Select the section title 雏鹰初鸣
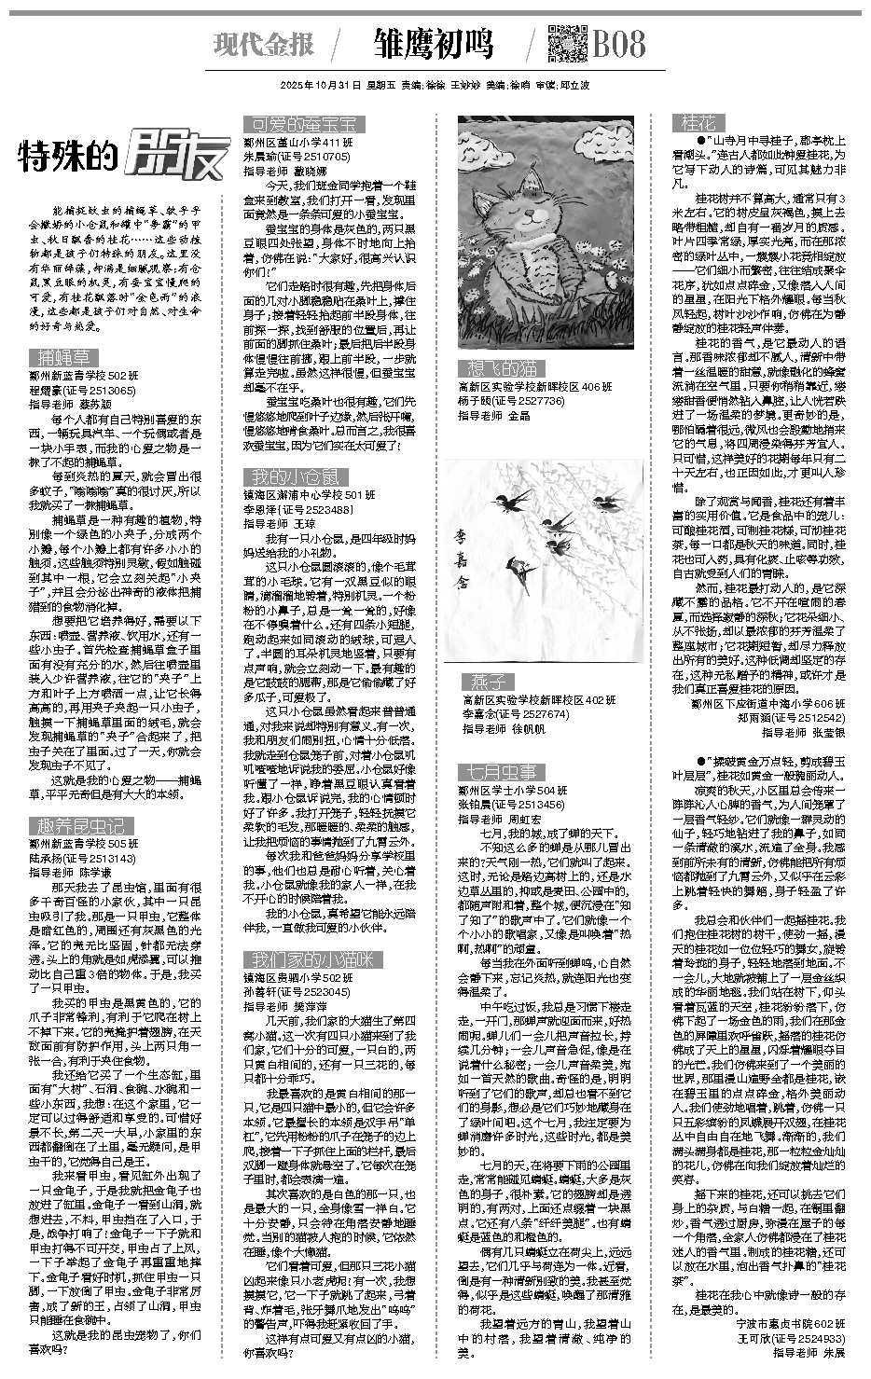pyautogui.click(x=433, y=44)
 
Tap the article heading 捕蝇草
pyautogui.click(x=63, y=357)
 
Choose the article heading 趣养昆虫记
pyautogui.click(x=81, y=824)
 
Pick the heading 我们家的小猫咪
pyautogui.click(x=311, y=958)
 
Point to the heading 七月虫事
pyautogui.click(x=497, y=771)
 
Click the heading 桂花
pyautogui.click(x=698, y=122)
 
